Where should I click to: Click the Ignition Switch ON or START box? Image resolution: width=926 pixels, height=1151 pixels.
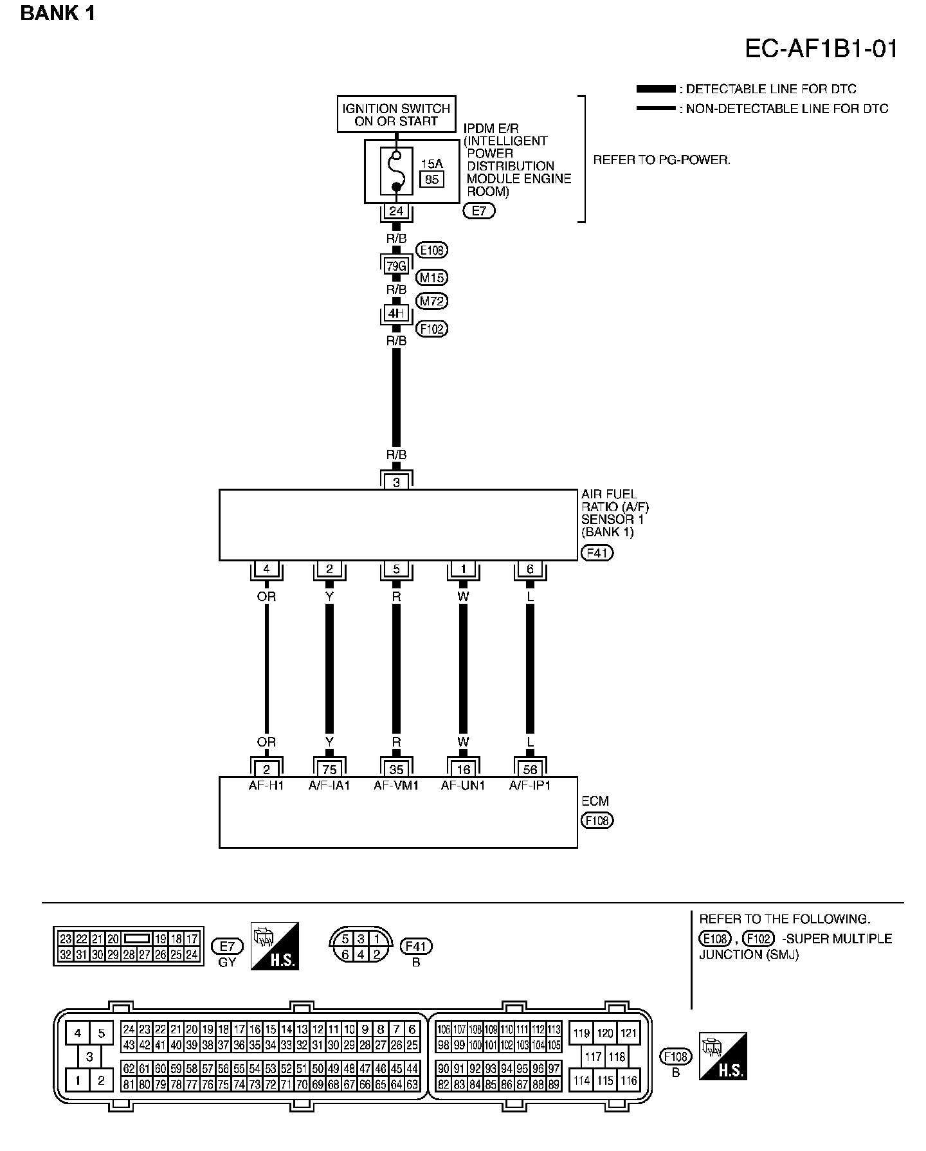point(396,114)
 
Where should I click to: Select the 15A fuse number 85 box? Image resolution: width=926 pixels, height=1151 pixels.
point(431,179)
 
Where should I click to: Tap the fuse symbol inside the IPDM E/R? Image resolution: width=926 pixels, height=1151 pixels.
point(396,171)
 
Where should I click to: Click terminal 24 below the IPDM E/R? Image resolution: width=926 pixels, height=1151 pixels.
point(396,211)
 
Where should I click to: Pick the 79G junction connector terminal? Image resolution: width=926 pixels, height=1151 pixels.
point(396,264)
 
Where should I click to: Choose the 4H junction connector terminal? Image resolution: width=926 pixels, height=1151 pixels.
point(396,314)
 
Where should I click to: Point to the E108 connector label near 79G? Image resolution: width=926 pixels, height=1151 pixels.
point(432,250)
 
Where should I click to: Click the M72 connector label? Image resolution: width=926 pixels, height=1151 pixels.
point(432,301)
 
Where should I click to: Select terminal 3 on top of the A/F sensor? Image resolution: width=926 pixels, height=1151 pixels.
point(396,482)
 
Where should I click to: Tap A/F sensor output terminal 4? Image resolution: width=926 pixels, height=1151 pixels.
point(266,569)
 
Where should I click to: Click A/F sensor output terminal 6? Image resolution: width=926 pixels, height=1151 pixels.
point(530,569)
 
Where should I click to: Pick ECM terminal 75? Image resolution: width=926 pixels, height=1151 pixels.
point(329,769)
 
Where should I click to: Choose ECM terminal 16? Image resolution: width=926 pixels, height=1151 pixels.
point(463,769)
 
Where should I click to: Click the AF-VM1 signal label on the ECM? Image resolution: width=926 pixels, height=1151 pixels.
point(396,785)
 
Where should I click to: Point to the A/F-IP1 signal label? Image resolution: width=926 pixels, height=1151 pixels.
point(530,785)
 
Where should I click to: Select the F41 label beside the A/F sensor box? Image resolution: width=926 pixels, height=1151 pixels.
point(597,552)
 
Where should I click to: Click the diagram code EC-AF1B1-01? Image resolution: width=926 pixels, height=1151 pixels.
point(821,49)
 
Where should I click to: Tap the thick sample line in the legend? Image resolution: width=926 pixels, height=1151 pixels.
point(655,89)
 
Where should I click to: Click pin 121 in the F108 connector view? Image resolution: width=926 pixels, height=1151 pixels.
point(628,1033)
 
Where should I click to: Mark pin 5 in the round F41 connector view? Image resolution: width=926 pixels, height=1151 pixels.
point(345,939)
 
